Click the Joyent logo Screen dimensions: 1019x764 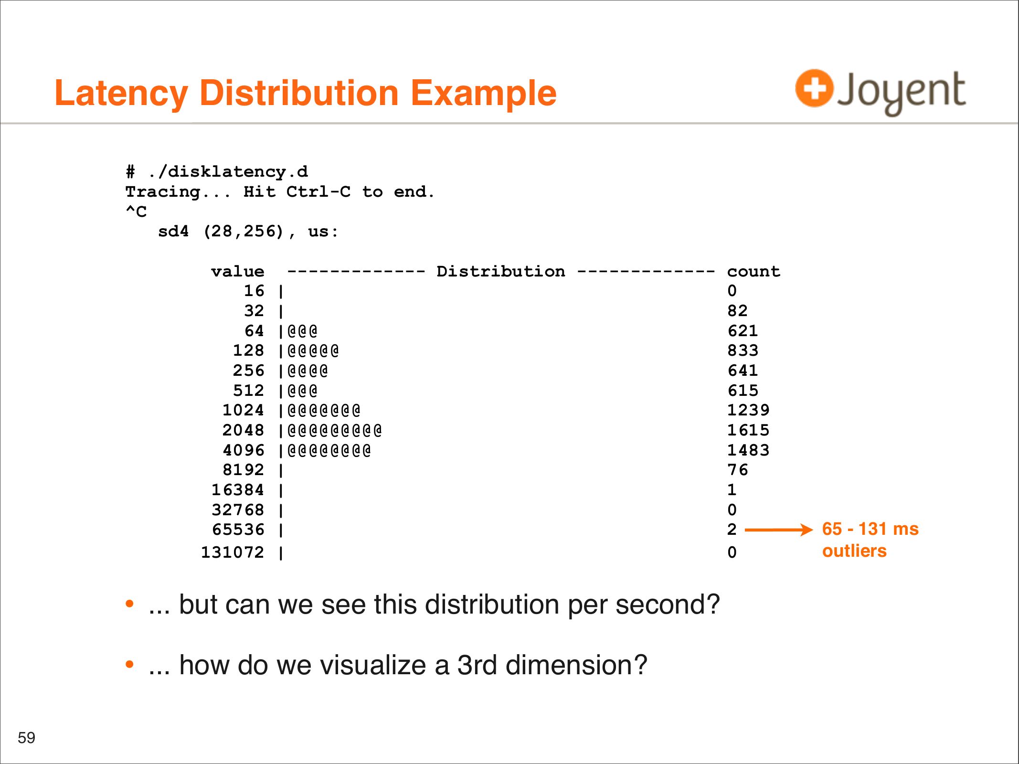coord(880,92)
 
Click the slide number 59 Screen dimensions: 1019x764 coord(26,738)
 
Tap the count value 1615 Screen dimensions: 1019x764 coord(748,430)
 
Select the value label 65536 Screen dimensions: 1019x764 coord(238,530)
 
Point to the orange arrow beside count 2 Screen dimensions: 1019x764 coord(779,530)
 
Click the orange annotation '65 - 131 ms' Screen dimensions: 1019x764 coord(870,529)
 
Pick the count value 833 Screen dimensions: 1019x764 coord(743,350)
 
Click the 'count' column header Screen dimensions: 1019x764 coord(754,272)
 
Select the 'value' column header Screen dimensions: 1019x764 coord(238,272)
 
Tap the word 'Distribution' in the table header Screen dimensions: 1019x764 coord(501,271)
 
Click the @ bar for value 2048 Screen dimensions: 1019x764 coord(335,431)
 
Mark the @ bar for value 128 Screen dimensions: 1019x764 coord(313,351)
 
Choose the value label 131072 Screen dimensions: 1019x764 coord(233,552)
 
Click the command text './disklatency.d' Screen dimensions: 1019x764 coord(228,171)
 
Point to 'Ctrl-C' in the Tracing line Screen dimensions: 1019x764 coord(318,192)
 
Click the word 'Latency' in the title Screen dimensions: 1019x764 coord(121,94)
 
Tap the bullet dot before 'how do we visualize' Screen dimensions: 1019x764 coord(129,664)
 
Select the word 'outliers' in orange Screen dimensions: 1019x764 coord(854,551)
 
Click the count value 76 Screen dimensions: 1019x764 coord(737,470)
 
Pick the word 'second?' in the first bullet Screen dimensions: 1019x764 coord(667,605)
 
